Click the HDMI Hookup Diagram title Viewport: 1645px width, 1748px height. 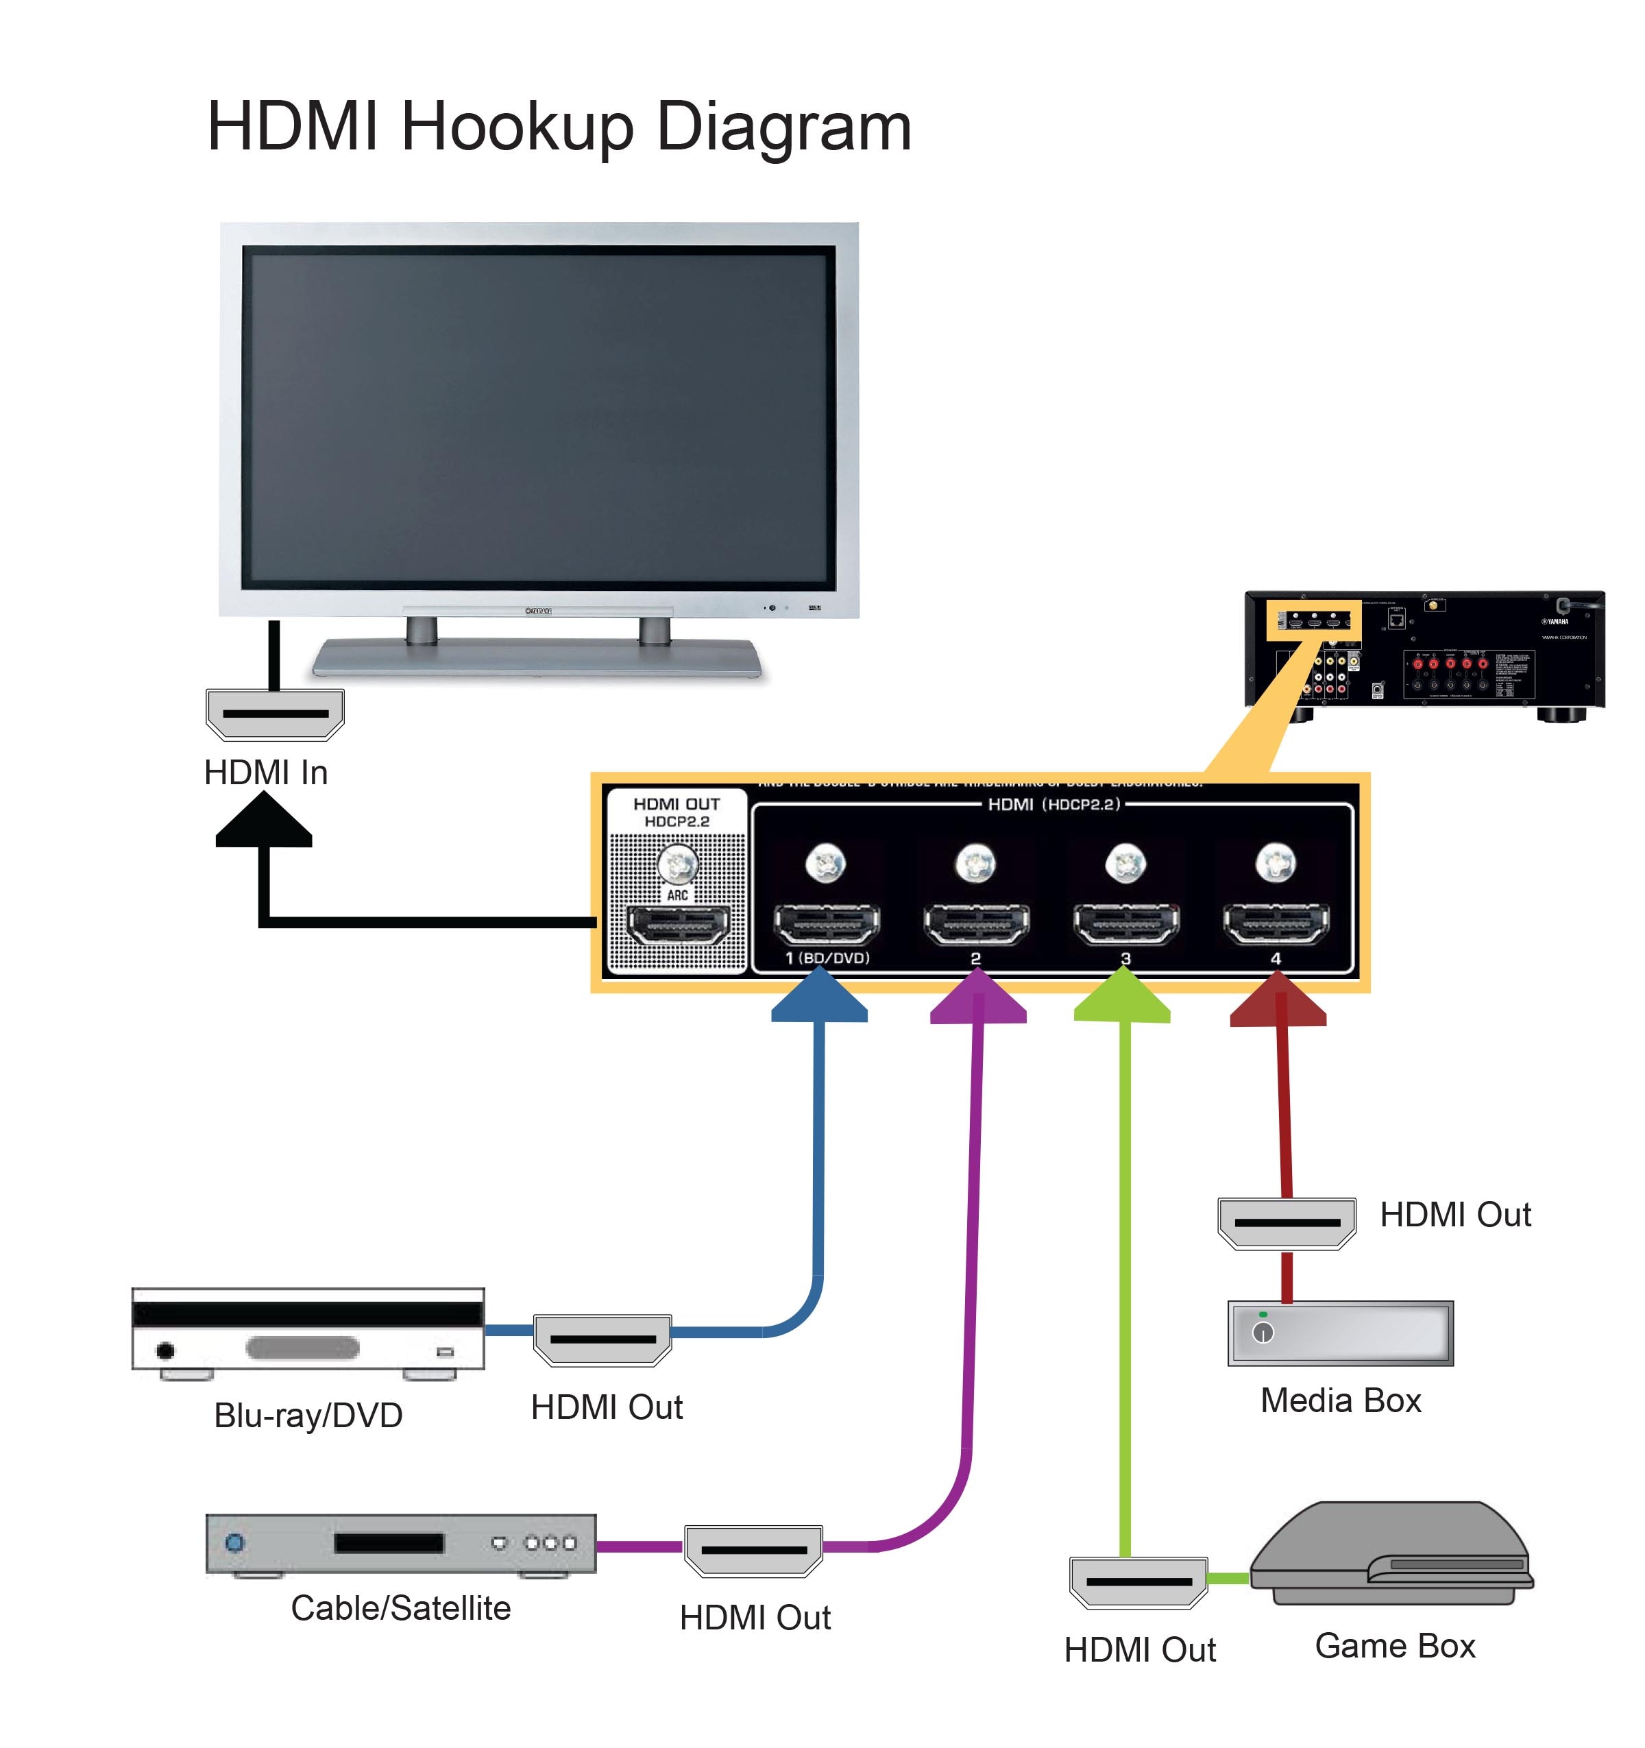[559, 128]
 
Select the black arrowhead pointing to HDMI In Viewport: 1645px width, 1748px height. [264, 821]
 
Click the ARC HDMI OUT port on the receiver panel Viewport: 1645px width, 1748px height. [677, 924]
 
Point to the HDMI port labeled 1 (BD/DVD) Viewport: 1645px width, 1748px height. [827, 924]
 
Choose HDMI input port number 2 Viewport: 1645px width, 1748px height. [976, 924]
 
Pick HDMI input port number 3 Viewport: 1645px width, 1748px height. [1126, 924]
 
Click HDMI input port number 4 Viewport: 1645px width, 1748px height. [1276, 924]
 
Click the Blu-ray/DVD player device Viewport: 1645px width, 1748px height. [308, 1331]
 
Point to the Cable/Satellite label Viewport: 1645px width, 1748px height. [401, 1608]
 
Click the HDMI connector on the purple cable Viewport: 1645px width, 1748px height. [753, 1550]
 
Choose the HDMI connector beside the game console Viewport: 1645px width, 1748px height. [1138, 1582]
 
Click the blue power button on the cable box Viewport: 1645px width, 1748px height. [234, 1542]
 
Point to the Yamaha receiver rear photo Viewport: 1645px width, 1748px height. [1424, 651]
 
